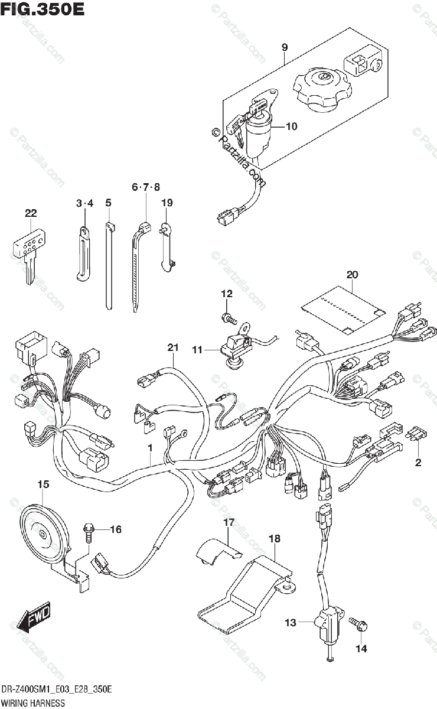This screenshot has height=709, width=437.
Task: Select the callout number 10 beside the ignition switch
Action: [x=291, y=126]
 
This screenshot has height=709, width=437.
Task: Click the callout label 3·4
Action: [x=84, y=204]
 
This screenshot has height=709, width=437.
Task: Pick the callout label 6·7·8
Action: [x=146, y=187]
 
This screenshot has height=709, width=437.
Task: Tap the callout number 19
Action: [x=167, y=203]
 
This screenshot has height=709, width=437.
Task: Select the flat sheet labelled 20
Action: [x=343, y=307]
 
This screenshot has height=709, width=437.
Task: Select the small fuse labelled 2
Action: [x=416, y=436]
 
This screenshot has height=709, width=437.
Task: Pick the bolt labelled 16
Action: [x=89, y=531]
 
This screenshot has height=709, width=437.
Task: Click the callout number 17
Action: [x=229, y=522]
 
